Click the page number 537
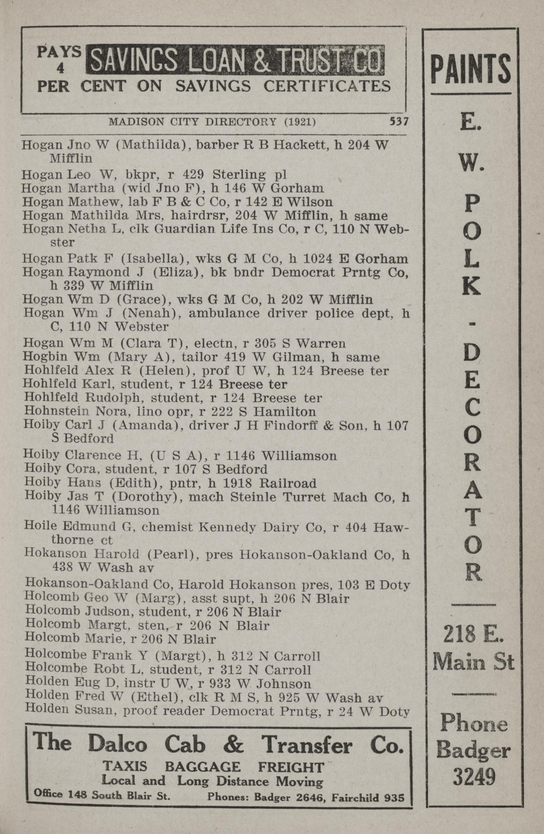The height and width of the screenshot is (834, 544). (x=399, y=121)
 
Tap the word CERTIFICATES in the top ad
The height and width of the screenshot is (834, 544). (x=327, y=86)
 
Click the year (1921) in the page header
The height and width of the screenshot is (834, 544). (x=300, y=122)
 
